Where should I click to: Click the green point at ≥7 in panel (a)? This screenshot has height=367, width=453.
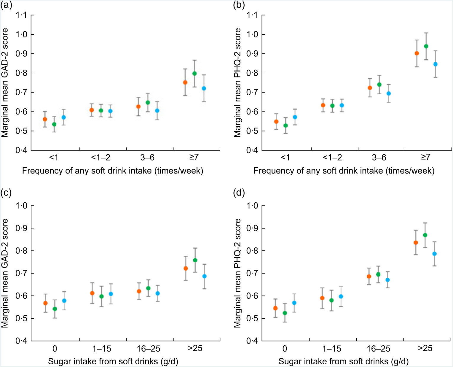point(194,73)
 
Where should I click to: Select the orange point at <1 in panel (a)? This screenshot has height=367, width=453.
point(45,119)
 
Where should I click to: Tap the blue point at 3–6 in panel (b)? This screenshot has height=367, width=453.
point(389,93)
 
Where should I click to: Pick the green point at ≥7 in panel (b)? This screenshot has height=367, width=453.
point(426,46)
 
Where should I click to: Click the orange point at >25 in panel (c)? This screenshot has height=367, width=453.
point(186,269)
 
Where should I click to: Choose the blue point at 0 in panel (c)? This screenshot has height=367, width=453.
point(64,301)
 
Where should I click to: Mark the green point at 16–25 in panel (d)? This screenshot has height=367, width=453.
point(378,274)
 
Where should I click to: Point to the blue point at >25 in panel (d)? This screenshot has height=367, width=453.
point(434,254)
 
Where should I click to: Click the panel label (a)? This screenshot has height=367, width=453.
point(6,5)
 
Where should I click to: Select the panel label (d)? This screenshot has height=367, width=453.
point(239,193)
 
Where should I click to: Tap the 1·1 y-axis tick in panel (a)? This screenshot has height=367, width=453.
point(21,15)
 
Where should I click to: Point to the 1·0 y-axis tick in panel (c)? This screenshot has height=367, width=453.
point(21,206)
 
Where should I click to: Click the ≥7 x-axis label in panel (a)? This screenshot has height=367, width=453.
point(194,157)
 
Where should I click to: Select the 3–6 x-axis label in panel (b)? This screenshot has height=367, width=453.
point(379,157)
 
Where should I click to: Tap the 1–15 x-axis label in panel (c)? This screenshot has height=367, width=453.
point(101,349)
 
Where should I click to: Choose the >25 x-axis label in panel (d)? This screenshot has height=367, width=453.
point(425,348)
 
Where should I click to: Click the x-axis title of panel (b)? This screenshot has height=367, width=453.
point(344,171)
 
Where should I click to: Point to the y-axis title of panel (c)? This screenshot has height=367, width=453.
point(5,273)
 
